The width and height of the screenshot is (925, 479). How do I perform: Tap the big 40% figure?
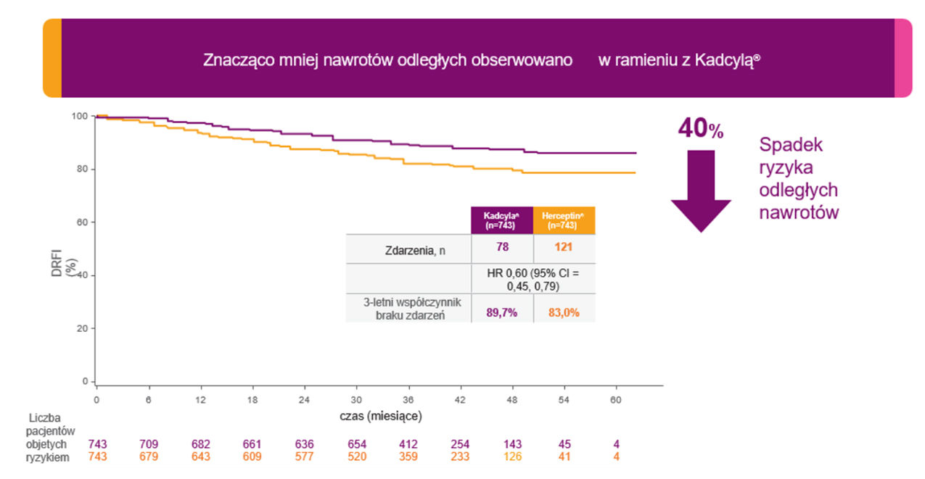(x=700, y=130)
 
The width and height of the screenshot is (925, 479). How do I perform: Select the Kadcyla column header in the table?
(x=502, y=220)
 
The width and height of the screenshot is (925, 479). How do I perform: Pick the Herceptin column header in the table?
(x=564, y=220)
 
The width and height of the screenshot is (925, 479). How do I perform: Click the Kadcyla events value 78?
(x=502, y=248)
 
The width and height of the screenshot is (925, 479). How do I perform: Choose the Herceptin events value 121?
(x=564, y=248)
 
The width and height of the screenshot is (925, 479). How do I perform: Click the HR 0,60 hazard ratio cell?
(x=533, y=279)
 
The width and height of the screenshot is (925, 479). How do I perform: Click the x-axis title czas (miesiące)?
(x=380, y=417)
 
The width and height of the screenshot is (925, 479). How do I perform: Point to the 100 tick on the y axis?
(x=80, y=116)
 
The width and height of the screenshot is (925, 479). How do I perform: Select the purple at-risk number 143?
(x=512, y=443)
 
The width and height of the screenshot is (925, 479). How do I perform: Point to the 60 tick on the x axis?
(x=616, y=399)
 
